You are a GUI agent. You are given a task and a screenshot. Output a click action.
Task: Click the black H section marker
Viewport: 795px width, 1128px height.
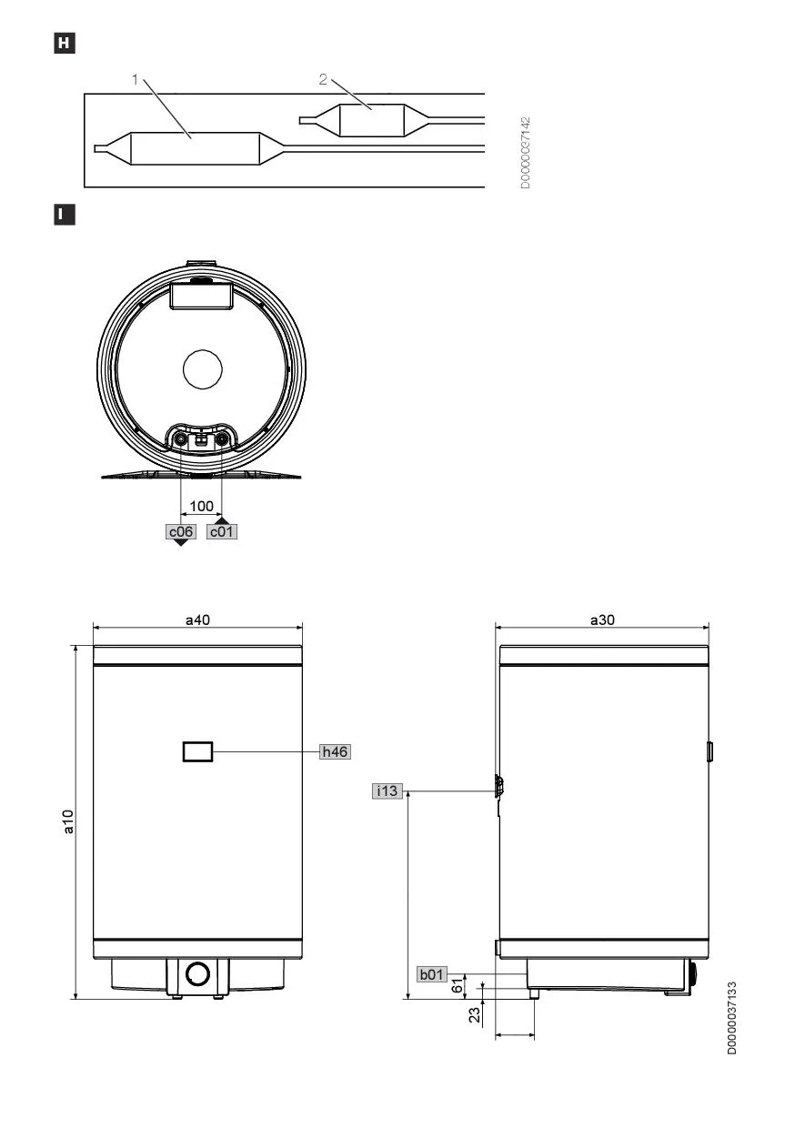(65, 44)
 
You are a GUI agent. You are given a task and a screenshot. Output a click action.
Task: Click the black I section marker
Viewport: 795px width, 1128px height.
(65, 215)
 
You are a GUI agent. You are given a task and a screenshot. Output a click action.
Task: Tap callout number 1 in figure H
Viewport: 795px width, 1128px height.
(135, 79)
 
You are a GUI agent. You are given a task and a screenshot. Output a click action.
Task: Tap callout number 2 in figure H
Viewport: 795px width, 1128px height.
(323, 79)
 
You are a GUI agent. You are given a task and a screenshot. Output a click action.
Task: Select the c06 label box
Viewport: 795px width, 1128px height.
(181, 532)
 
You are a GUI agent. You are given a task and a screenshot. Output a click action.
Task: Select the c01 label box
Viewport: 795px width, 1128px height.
(222, 532)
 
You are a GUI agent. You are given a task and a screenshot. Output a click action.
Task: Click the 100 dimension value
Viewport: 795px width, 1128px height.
(201, 506)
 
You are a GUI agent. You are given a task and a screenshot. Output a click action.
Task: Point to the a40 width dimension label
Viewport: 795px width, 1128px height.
(198, 619)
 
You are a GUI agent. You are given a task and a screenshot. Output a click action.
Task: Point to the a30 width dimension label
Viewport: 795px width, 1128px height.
(602, 619)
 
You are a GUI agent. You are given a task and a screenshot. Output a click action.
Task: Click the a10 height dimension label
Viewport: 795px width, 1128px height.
(68, 821)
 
